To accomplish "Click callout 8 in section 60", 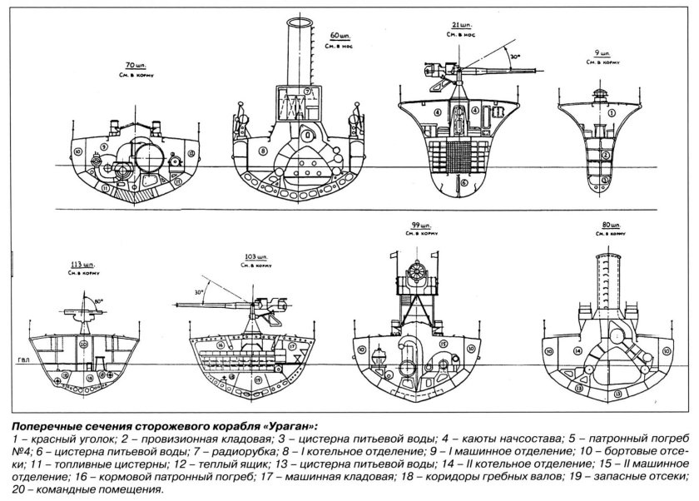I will pos(261,151).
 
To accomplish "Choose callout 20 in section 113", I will pos(83,344).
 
